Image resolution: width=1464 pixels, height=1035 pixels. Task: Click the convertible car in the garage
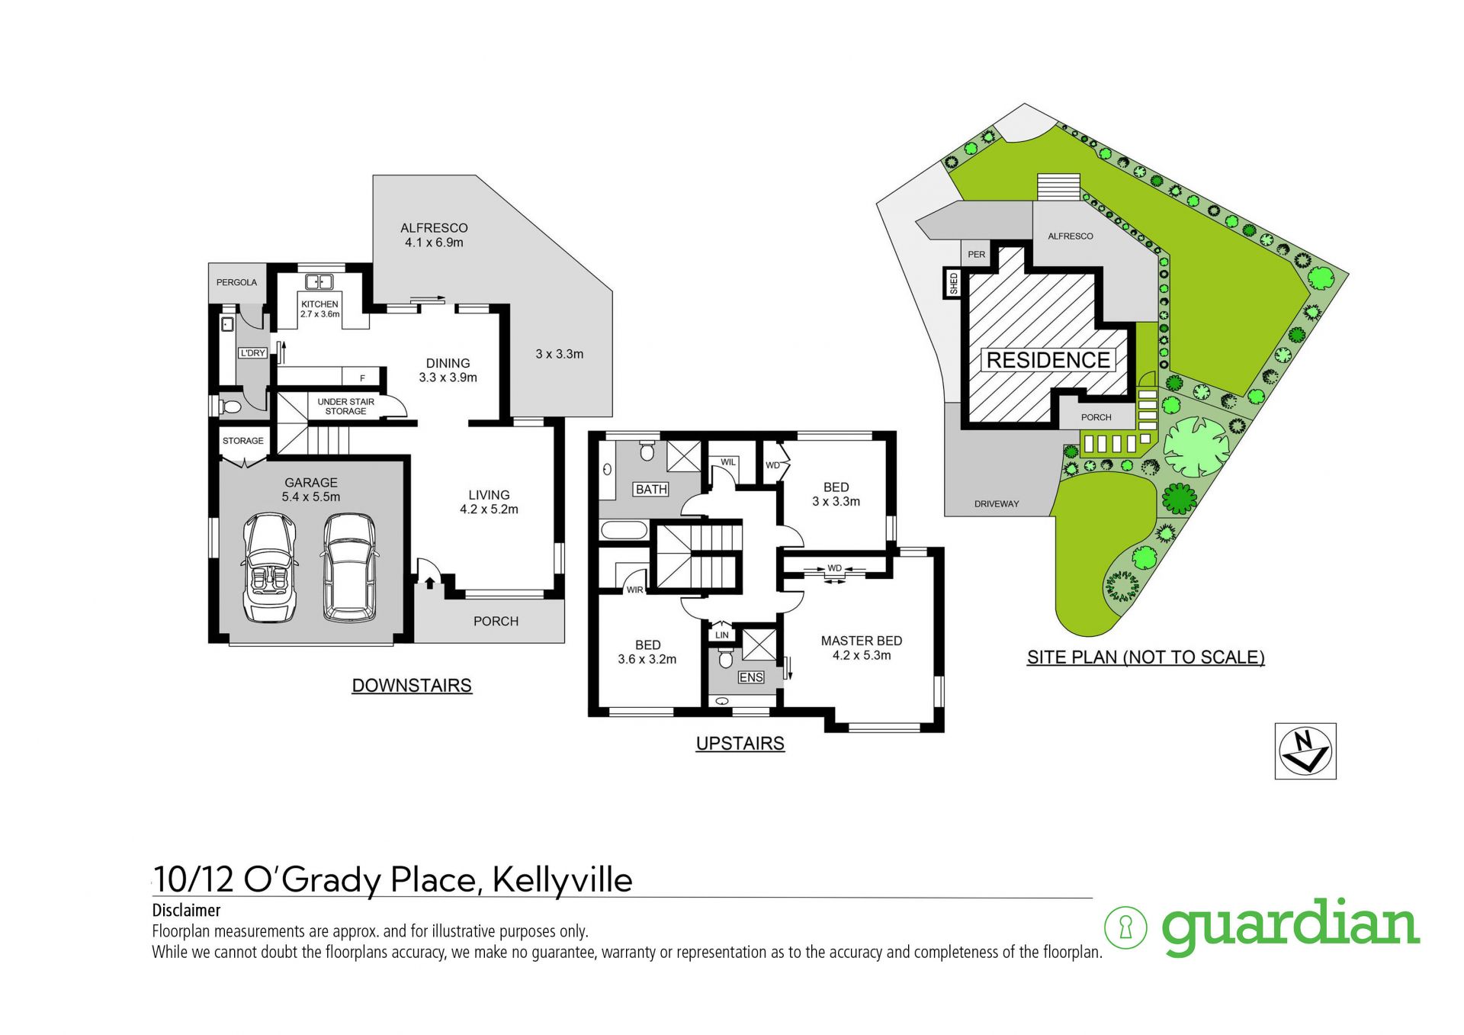click(x=269, y=568)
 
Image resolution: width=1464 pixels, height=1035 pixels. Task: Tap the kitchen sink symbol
click(x=319, y=282)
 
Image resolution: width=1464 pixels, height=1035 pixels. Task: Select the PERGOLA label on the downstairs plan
click(x=236, y=282)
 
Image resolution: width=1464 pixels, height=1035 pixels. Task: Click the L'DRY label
click(x=252, y=353)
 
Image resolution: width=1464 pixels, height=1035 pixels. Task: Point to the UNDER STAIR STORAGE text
click(x=346, y=407)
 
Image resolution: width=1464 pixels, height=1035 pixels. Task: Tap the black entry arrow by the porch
click(x=430, y=583)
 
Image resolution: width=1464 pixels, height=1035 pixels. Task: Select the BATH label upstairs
click(x=651, y=490)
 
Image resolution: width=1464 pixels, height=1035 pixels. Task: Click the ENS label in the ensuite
click(x=751, y=677)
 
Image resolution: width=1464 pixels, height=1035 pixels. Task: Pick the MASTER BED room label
click(x=862, y=641)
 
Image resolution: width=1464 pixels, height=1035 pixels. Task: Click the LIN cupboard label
click(x=722, y=635)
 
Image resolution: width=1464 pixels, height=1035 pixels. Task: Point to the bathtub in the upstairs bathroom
click(x=624, y=529)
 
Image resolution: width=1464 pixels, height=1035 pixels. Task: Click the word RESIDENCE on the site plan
click(x=1048, y=360)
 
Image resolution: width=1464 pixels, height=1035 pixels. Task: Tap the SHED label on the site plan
click(x=954, y=284)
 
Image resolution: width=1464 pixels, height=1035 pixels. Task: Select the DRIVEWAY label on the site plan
click(x=997, y=504)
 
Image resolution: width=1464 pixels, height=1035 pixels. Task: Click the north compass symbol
click(x=1305, y=751)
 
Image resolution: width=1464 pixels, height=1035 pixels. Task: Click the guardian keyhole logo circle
click(x=1125, y=927)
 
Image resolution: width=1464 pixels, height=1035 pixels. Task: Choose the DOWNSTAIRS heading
click(x=412, y=686)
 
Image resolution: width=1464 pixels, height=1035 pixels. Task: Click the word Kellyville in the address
click(x=562, y=879)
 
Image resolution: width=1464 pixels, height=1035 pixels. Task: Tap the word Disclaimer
click(x=186, y=910)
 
